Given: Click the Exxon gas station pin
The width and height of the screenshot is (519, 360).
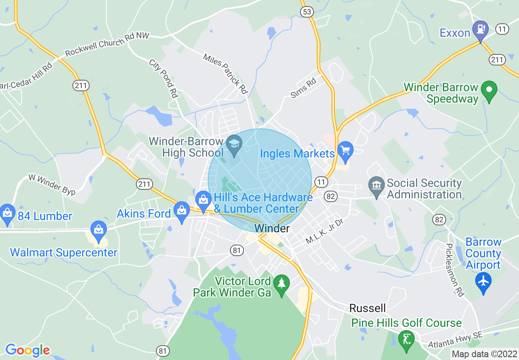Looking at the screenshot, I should (x=480, y=30).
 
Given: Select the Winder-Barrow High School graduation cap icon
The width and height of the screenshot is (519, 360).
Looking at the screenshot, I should (x=234, y=145).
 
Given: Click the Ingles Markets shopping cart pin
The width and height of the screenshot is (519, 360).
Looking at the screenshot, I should (x=345, y=150).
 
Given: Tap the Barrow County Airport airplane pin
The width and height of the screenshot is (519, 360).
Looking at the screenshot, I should (x=483, y=282).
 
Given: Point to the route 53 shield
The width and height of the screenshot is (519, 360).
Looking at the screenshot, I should (x=307, y=11).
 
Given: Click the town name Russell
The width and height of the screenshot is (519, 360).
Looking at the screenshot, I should (x=368, y=308).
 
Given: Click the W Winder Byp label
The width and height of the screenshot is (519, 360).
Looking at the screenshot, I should (x=52, y=184).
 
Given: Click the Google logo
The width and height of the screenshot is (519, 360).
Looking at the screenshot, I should (x=27, y=350).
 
